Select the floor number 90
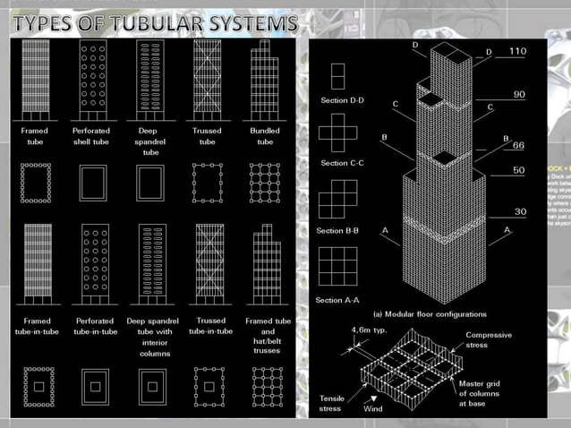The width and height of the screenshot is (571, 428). [518, 93]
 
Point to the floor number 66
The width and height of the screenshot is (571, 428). [517, 146]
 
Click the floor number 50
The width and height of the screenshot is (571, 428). [518, 169]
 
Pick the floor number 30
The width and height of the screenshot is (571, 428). [518, 211]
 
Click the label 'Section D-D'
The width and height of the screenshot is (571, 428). [343, 100]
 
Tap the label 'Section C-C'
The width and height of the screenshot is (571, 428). [343, 163]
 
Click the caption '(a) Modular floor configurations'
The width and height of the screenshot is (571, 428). [430, 314]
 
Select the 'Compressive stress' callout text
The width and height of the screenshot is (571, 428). [489, 341]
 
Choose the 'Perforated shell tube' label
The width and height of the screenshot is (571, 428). [91, 136]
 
